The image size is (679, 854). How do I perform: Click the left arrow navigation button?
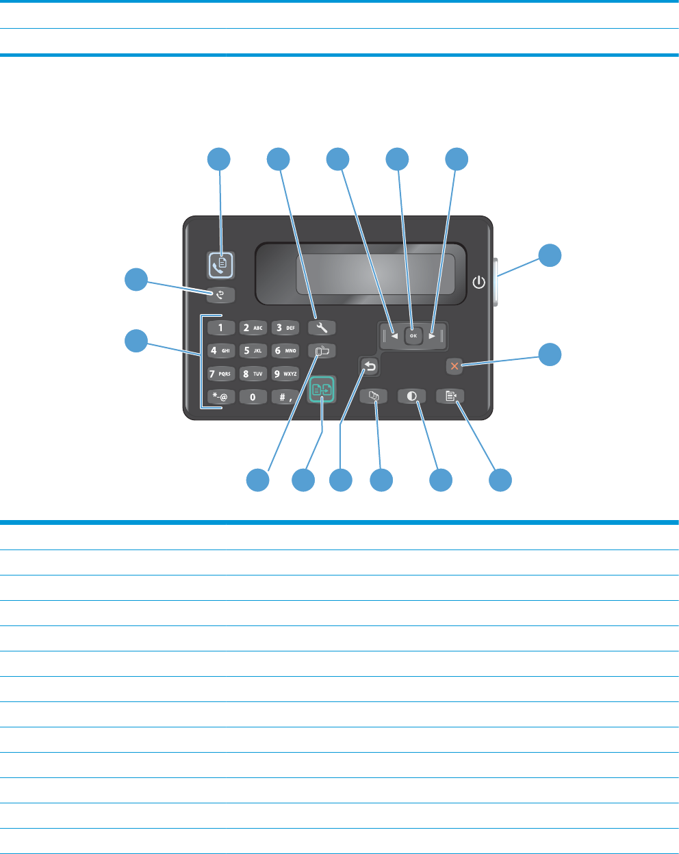coord(394,336)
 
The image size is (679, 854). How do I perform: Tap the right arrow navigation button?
coord(432,336)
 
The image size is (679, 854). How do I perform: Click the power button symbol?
coord(479,282)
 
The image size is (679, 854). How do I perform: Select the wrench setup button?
coord(322,328)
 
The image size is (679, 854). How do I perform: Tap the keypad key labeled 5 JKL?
coord(253,350)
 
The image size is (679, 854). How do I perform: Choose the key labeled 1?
coord(220,328)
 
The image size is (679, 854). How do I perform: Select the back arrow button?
coord(370,367)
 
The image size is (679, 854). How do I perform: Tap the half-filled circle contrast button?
coord(412,396)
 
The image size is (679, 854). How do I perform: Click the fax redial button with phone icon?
coord(220,296)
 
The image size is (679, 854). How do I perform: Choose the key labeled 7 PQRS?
coord(220,374)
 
